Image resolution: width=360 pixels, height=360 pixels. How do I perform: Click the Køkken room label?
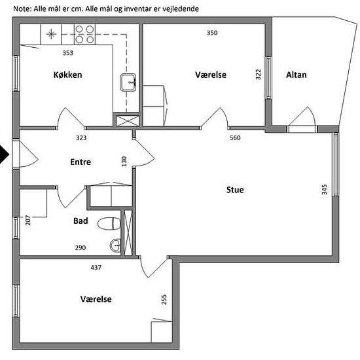(x=67, y=75)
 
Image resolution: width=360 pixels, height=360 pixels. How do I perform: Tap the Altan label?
(x=296, y=75)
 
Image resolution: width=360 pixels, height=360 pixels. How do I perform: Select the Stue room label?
(x=235, y=190)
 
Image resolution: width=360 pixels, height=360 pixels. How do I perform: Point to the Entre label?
(x=81, y=162)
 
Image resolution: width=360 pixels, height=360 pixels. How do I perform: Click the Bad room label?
(x=81, y=221)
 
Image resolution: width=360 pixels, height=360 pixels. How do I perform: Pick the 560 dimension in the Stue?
(x=235, y=137)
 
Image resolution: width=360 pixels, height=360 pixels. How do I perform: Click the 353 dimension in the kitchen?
(x=68, y=53)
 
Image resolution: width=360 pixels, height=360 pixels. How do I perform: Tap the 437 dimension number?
(x=96, y=268)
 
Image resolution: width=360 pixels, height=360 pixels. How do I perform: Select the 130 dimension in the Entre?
(x=124, y=162)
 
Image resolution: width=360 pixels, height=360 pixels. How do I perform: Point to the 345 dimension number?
(x=324, y=189)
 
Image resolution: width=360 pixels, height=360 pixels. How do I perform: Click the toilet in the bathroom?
(x=109, y=224)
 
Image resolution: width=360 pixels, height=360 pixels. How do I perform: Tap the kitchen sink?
(x=128, y=82)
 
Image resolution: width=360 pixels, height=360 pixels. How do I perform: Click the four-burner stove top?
(x=84, y=35)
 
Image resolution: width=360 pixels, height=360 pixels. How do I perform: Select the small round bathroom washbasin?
(x=115, y=245)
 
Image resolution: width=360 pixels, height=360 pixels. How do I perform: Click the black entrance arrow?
(x=4, y=154)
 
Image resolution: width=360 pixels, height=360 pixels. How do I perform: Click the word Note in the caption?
(x=22, y=9)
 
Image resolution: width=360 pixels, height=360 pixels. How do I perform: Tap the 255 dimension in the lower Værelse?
(x=164, y=300)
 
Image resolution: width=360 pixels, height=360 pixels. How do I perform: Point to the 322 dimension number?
(x=259, y=75)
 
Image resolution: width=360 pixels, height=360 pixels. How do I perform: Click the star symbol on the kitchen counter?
(x=51, y=35)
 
